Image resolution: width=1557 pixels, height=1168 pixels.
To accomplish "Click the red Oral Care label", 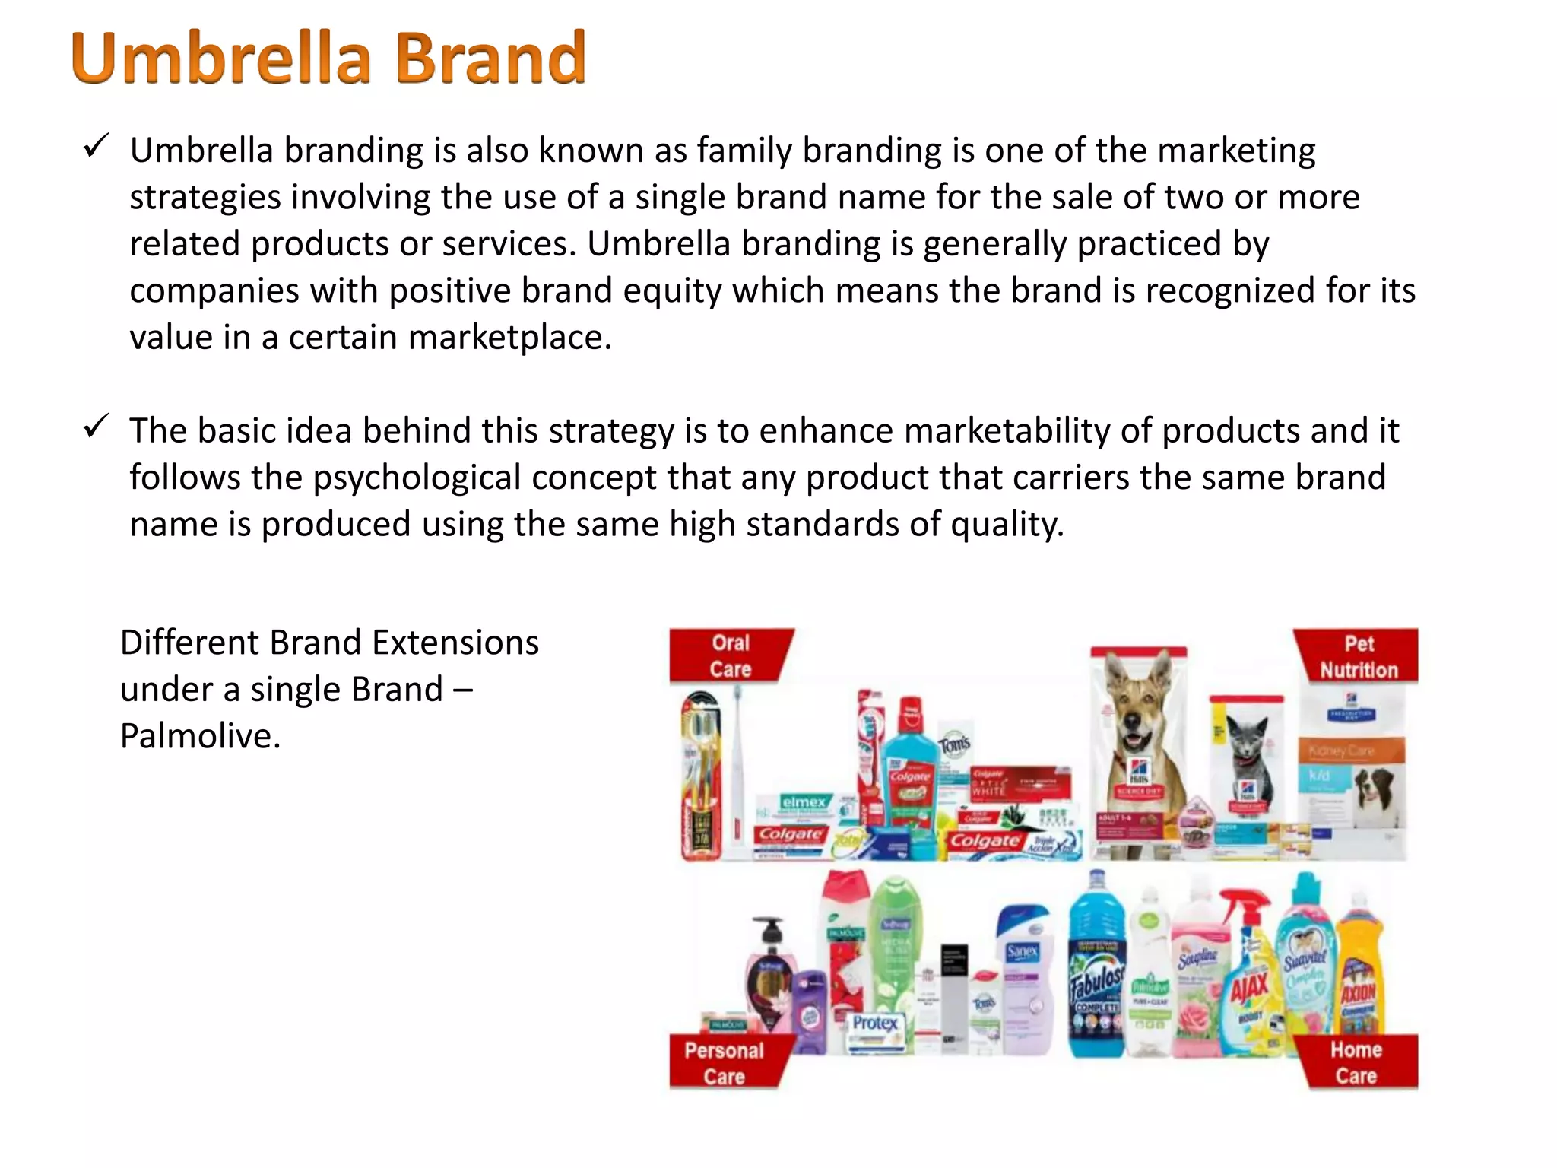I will click(730, 655).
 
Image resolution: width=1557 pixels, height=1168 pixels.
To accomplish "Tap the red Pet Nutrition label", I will click(1358, 656).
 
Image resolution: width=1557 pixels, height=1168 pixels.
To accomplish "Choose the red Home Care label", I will click(1356, 1062).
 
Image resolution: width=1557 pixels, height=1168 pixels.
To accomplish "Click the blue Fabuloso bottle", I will click(1096, 973).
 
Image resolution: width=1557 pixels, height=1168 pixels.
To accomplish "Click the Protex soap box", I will click(876, 1030).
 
